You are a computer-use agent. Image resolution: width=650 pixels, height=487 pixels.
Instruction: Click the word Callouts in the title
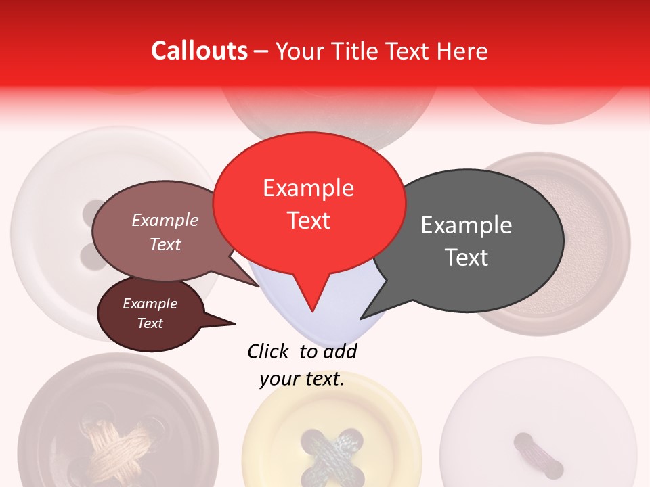(x=199, y=51)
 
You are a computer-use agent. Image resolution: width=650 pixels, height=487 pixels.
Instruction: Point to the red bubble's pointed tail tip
(x=311, y=311)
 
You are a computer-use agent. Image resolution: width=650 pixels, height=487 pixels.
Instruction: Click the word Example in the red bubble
(x=309, y=188)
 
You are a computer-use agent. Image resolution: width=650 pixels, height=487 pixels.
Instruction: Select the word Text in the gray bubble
(x=467, y=258)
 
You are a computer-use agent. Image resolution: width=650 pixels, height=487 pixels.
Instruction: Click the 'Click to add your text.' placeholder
(x=302, y=365)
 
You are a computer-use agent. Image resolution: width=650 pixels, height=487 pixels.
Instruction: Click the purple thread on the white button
(x=539, y=455)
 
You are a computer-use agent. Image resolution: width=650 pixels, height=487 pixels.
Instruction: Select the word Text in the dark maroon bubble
(x=150, y=323)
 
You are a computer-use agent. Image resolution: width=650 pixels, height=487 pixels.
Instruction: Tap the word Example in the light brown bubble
(x=165, y=221)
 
